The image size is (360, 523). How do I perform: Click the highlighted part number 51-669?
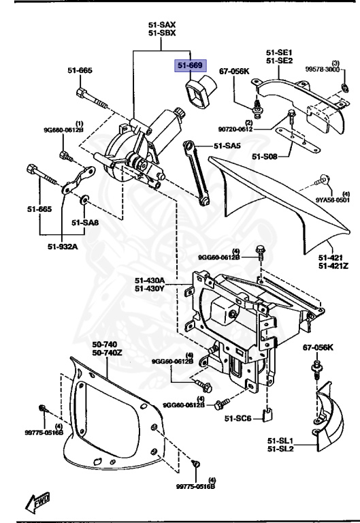(x=191, y=65)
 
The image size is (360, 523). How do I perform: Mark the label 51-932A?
(x=62, y=247)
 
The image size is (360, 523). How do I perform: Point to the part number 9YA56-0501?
(x=333, y=200)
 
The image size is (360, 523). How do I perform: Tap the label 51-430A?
(x=148, y=280)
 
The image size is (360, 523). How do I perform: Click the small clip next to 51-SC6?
(x=267, y=413)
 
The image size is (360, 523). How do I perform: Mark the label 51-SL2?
(x=281, y=447)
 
